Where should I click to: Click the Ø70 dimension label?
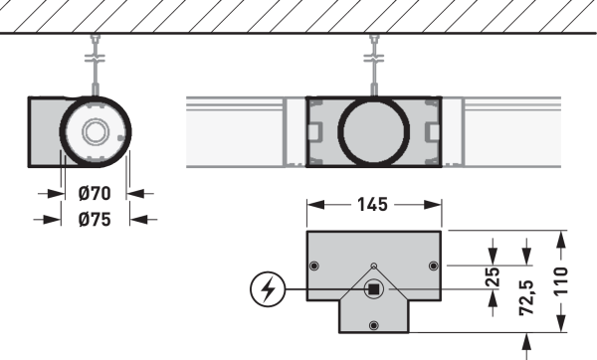pos(95,193)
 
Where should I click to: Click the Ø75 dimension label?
pos(95,220)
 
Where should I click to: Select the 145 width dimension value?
pos(372,205)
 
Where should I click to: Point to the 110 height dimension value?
pos(560,280)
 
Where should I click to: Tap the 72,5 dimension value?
pos(526,297)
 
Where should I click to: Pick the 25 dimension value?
pos(494,277)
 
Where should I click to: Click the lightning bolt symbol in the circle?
pos(268,289)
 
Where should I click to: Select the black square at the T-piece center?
pos(373,289)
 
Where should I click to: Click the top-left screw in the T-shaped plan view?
pos(314,266)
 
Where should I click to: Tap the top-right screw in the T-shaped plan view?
pos(433,266)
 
